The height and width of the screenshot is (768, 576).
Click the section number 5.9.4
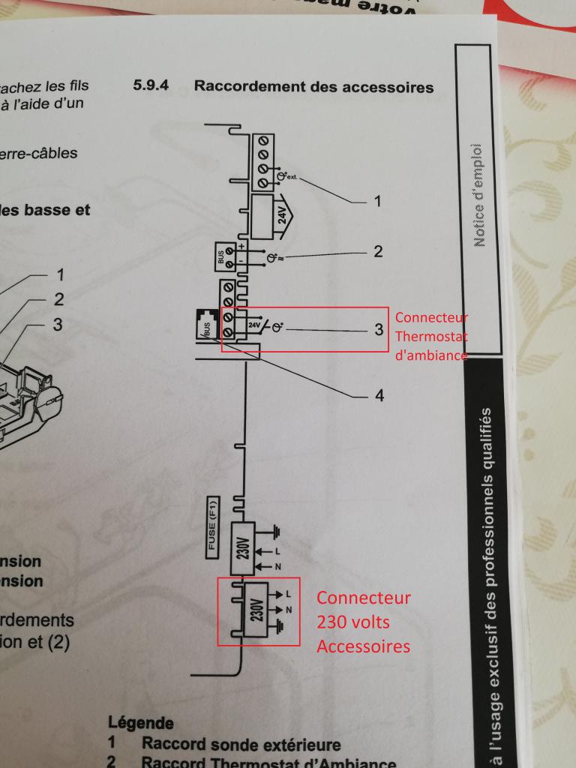[x=151, y=85]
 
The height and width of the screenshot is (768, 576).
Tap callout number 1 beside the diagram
[x=378, y=201]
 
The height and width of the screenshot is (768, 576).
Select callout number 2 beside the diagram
[x=378, y=251]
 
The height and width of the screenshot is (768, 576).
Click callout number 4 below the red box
[x=379, y=395]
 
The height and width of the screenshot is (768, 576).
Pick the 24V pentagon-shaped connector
[x=268, y=214]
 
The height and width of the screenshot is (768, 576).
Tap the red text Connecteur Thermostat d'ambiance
[x=431, y=335]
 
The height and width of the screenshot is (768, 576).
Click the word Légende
[x=140, y=724]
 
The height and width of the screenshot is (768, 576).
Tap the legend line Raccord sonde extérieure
[x=240, y=745]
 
